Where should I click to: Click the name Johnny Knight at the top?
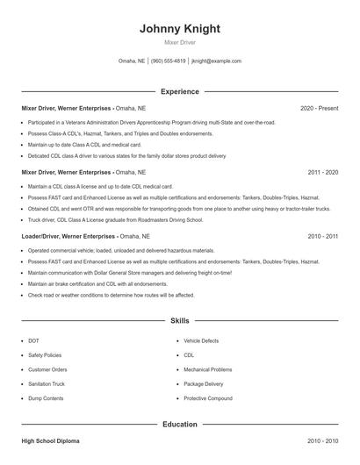179,29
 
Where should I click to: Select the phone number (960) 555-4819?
169,61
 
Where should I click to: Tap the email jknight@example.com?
216,61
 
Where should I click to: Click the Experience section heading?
179,91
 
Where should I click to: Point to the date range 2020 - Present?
319,108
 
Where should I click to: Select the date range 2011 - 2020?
322,173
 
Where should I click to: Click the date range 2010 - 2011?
322,237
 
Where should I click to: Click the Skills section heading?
179,322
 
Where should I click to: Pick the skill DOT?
33,340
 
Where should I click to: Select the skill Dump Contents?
46,398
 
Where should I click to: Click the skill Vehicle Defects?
202,340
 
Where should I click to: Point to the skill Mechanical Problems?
208,369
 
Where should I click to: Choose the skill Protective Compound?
207,398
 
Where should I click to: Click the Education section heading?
179,425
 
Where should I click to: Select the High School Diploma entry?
50,441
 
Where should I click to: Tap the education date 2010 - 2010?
322,441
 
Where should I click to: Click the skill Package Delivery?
204,384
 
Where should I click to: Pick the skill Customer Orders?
46,369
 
